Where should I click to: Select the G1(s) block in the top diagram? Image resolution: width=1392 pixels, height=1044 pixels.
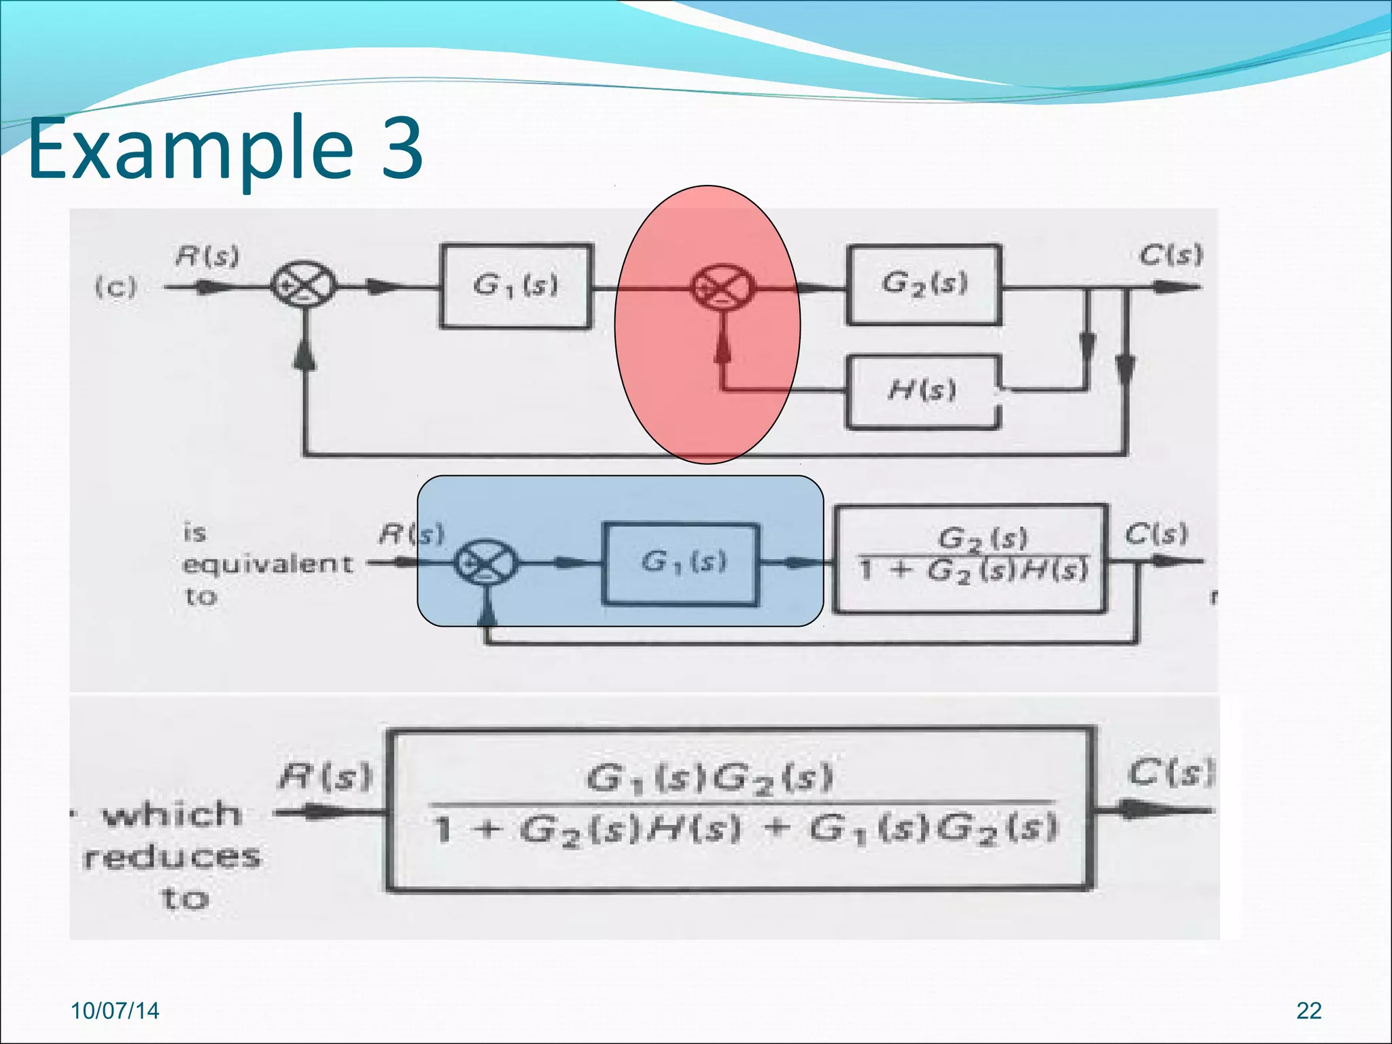516,286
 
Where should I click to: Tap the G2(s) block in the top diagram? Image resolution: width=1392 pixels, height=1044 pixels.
924,285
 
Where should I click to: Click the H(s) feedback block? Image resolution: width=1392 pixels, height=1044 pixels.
922,391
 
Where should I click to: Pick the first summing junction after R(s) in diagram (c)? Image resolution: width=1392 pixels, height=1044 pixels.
304,285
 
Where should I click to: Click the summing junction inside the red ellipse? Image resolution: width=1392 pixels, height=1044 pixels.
723,286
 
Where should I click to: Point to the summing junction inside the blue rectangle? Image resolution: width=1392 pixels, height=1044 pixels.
486,562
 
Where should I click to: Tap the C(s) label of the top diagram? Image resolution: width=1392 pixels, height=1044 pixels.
1170,256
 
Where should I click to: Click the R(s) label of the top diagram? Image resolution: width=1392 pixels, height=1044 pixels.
207,257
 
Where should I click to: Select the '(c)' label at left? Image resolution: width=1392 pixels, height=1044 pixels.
116,286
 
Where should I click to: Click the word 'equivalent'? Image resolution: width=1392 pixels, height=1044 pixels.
267,564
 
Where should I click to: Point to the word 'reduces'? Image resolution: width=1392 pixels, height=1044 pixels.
171,857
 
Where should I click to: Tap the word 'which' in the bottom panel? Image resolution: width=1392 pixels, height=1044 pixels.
171,814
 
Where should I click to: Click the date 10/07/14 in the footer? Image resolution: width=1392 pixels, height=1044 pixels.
115,1011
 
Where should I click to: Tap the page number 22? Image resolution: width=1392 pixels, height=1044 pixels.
1308,1011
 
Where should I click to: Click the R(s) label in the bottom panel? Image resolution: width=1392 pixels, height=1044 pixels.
326,776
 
